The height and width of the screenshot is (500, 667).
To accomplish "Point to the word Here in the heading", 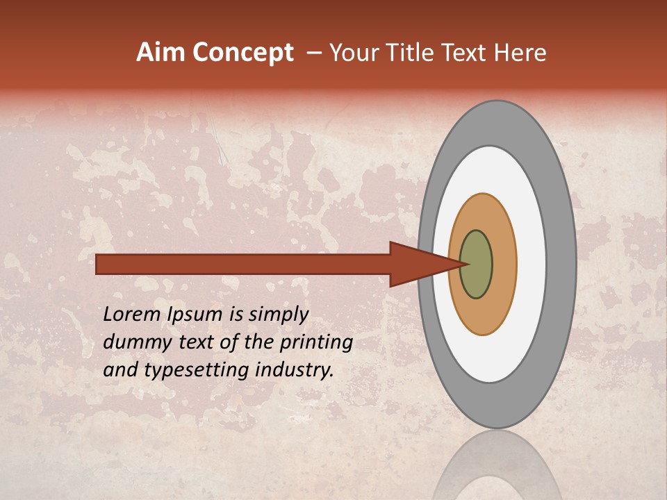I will click(519, 53).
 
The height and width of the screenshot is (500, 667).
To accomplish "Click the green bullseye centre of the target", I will click(477, 265).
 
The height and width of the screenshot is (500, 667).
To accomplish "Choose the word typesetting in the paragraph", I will click(199, 371).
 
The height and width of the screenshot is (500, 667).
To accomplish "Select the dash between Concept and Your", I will click(313, 53).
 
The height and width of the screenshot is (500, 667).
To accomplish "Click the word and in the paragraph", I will click(119, 370).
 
